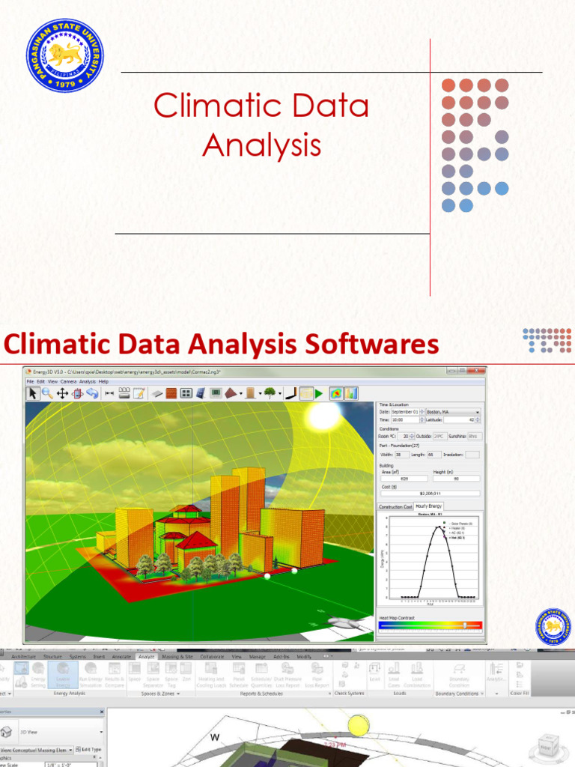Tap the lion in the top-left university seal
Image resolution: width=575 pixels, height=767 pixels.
pos(65,55)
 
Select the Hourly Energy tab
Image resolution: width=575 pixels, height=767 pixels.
pos(429,506)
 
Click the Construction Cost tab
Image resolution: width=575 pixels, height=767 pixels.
pos(395,506)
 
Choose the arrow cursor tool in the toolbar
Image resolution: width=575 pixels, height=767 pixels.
pos(33,392)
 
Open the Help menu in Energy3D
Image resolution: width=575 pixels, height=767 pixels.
pos(103,381)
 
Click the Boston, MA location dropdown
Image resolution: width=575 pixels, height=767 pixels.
pos(453,411)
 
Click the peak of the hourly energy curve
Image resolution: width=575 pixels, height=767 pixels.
pos(440,527)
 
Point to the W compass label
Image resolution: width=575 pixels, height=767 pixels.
pos(216,737)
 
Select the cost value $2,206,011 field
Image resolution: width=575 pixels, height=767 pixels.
pos(430,494)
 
